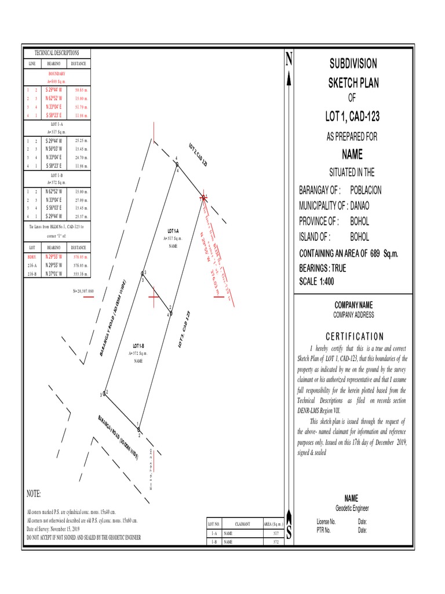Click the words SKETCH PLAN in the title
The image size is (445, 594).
(x=353, y=83)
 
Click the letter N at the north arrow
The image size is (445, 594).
(x=289, y=59)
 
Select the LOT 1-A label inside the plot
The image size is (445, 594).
(x=173, y=231)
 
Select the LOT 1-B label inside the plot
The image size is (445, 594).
(x=138, y=346)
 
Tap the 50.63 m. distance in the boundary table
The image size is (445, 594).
(x=81, y=90)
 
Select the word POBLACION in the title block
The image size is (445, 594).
(x=366, y=190)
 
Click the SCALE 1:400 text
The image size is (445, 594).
(x=316, y=282)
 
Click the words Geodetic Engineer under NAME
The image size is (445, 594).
(x=351, y=508)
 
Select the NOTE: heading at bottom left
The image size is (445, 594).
(x=34, y=494)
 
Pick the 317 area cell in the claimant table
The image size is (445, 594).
(x=275, y=533)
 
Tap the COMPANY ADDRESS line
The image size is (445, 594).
(x=353, y=315)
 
